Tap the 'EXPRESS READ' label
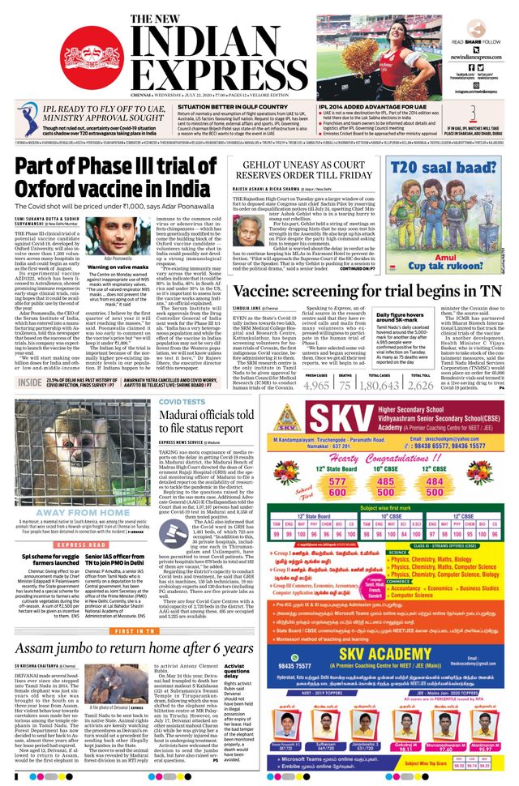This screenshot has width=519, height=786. click(82, 546)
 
